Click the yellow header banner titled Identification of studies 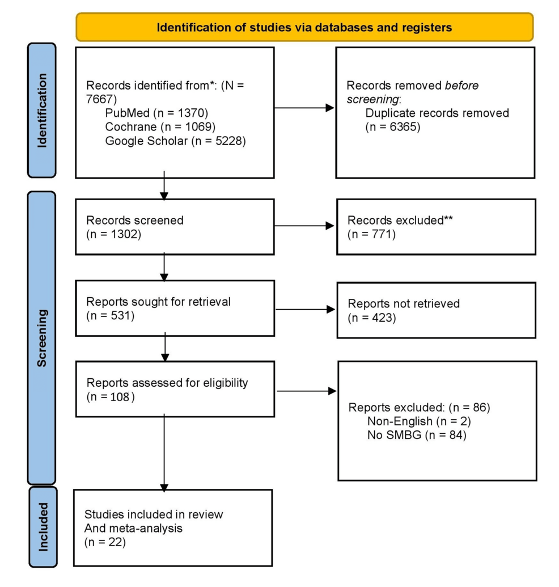[x=304, y=27]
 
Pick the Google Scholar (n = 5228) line [x=175, y=141]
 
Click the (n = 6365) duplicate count [x=393, y=127]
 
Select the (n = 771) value [x=371, y=234]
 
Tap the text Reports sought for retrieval [x=158, y=302]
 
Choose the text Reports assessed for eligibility [x=167, y=383]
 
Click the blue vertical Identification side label [x=42, y=110]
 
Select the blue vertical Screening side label [x=42, y=338]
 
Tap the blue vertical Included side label [x=42, y=526]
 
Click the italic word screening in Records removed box [x=372, y=99]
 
